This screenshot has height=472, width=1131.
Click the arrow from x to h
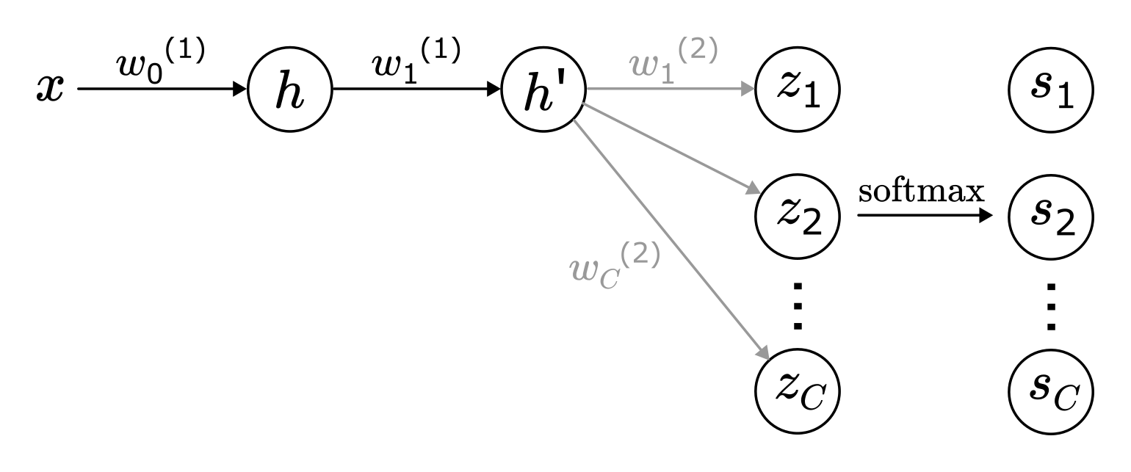162,90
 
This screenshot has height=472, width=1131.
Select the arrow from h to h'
415,90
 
